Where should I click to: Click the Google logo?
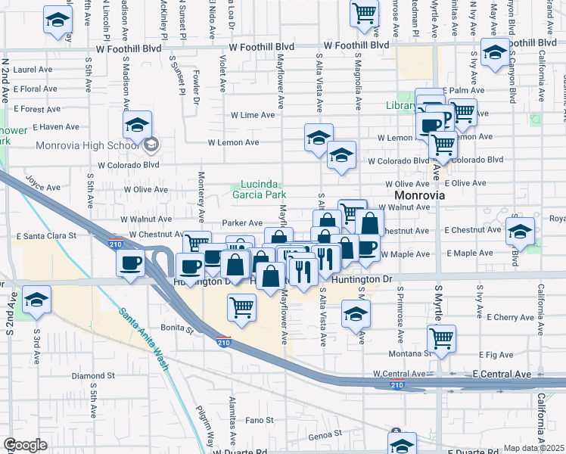[25, 445]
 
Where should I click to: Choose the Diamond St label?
[93, 375]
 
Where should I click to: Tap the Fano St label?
[258, 420]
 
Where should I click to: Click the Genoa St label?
[326, 434]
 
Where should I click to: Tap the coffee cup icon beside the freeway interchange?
[129, 263]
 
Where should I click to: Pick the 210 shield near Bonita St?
[223, 342]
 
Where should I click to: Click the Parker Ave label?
[242, 223]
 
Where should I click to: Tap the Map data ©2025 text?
[533, 448]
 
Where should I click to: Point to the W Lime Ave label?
[253, 115]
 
